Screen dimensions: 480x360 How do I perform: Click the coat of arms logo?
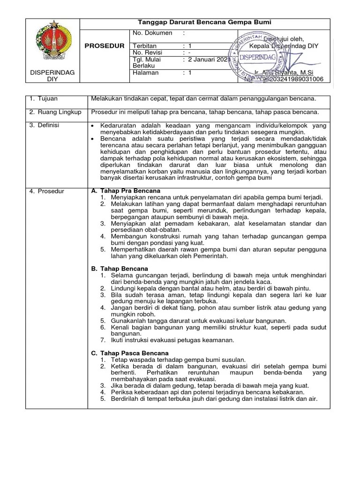click(x=52, y=45)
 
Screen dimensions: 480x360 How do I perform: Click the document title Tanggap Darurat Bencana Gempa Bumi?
click(x=204, y=22)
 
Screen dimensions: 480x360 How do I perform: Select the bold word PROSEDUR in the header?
click(x=104, y=46)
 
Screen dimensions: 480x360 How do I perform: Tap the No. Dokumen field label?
click(x=153, y=33)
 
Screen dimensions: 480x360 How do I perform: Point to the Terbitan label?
click(x=145, y=46)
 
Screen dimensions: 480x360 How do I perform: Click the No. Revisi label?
click(x=147, y=52)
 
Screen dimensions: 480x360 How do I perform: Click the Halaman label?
click(x=146, y=73)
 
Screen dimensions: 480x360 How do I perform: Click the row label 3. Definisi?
click(x=45, y=126)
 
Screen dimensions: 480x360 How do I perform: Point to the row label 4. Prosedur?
click(x=46, y=191)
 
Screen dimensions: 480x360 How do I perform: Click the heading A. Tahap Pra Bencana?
click(x=126, y=191)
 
